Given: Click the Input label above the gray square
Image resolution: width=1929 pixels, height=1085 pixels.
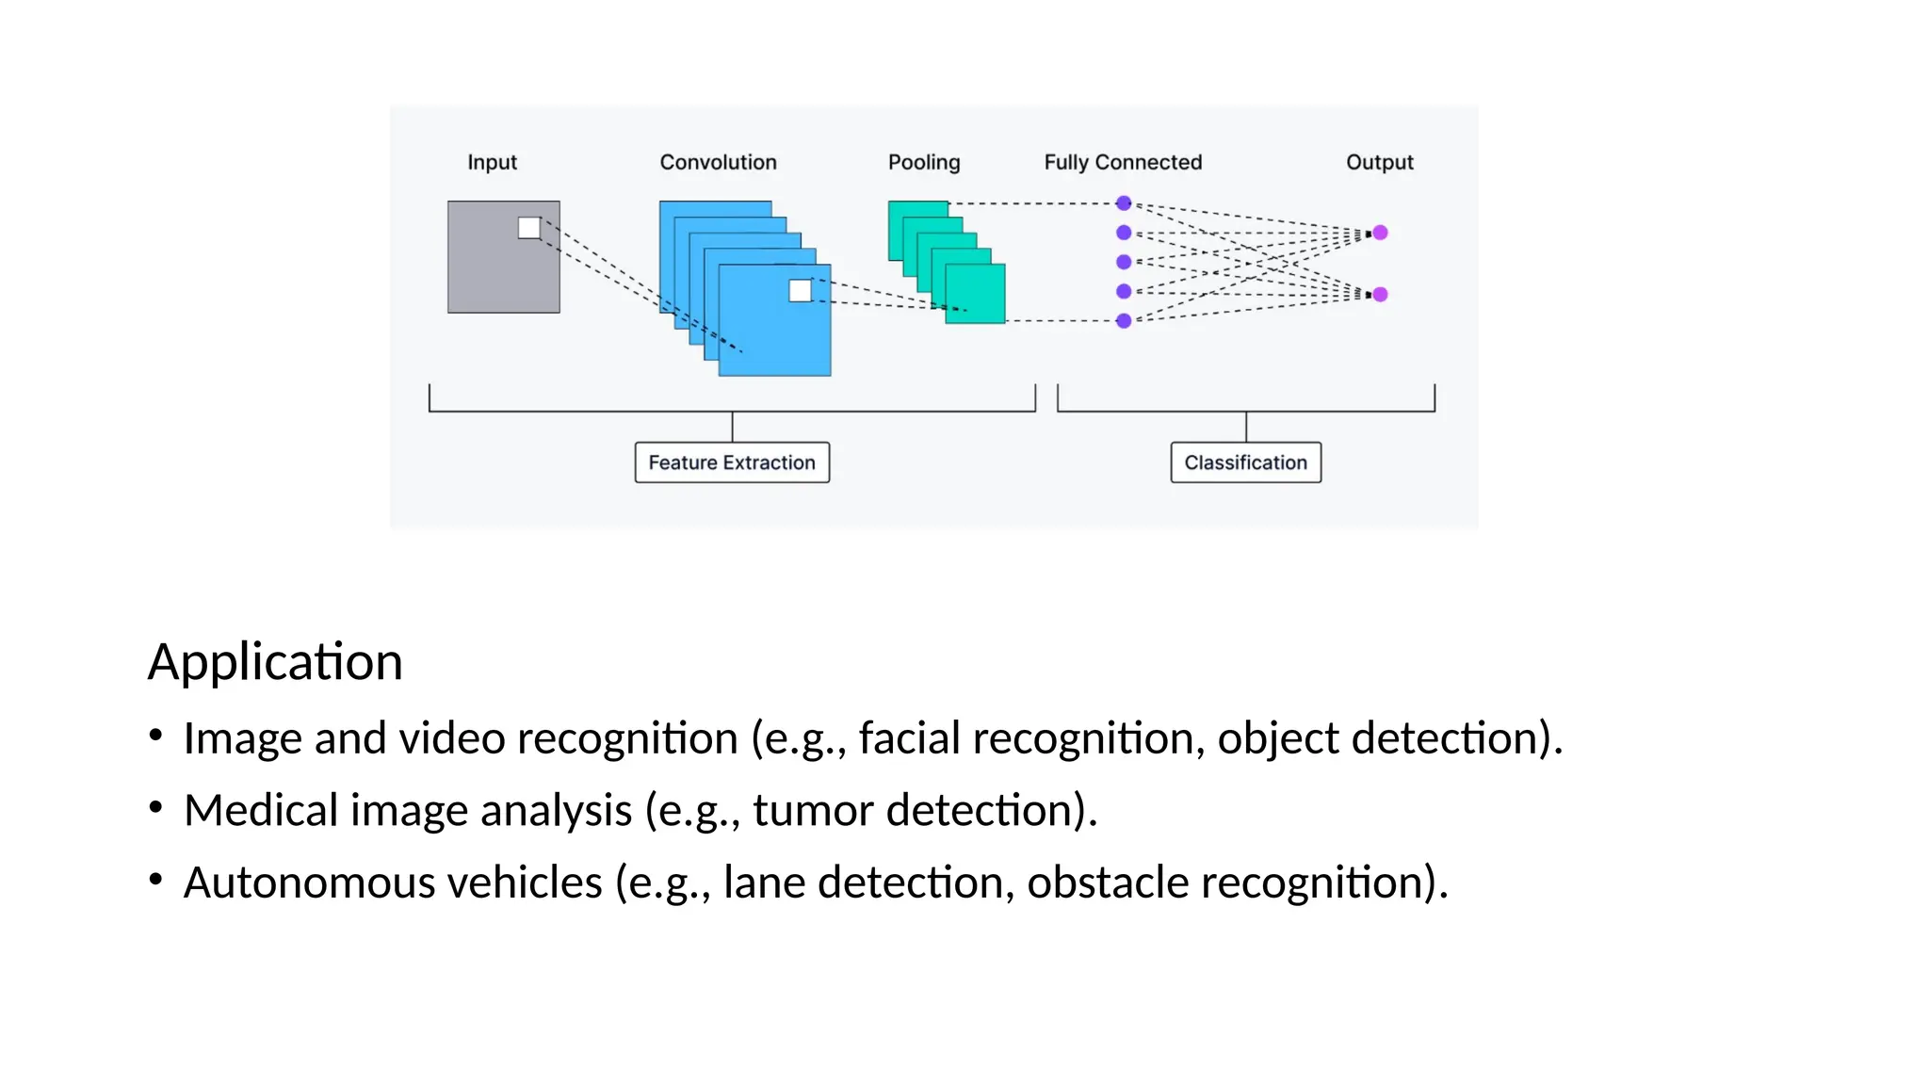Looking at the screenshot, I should click(492, 162).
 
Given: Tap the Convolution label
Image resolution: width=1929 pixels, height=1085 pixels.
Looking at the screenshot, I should click(718, 162).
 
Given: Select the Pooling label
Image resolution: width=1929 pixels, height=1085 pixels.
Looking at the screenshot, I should click(923, 162).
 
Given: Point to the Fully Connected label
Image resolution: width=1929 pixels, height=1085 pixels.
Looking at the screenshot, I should click(1123, 162).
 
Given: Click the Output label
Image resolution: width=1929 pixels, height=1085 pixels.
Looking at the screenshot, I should click(1379, 162).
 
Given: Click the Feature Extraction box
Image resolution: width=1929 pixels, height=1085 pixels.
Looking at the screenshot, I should click(732, 462).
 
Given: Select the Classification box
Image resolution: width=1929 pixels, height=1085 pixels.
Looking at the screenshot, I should click(1245, 462).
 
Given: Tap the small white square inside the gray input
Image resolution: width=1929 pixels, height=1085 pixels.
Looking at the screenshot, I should click(529, 228).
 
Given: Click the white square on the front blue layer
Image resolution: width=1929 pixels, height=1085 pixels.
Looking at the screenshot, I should click(800, 291).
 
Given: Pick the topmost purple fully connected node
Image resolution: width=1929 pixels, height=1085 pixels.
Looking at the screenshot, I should click(1124, 203).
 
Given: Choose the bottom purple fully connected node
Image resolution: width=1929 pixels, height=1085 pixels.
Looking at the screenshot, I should click(1124, 321).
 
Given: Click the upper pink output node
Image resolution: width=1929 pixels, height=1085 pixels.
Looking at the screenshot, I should click(1380, 233).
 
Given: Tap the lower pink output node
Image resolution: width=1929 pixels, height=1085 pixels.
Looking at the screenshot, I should click(1380, 295).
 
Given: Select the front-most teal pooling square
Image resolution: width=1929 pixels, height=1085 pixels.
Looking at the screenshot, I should click(976, 294).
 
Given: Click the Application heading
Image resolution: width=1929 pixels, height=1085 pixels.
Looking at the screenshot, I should click(275, 661).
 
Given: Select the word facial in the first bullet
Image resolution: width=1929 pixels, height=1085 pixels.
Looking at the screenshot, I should click(909, 737).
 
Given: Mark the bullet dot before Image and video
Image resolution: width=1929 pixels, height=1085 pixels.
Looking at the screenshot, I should click(155, 735).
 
